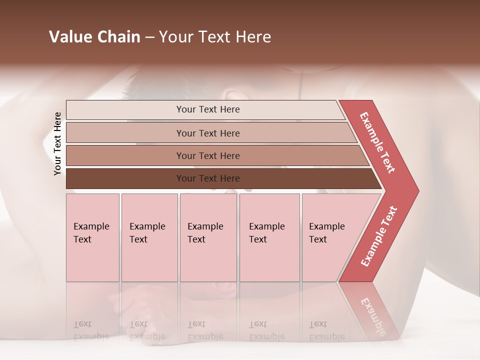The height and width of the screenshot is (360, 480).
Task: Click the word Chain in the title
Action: coord(117,37)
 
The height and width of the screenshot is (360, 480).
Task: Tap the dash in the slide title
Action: coord(149,37)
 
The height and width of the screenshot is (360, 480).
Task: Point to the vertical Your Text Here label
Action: coord(57,143)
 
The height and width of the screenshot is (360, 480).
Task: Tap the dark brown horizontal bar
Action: coord(125,178)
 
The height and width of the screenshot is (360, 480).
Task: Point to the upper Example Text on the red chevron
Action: coord(377,142)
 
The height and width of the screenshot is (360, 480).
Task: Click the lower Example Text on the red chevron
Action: coord(379,236)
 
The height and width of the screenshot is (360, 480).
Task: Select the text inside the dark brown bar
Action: coord(208,178)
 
